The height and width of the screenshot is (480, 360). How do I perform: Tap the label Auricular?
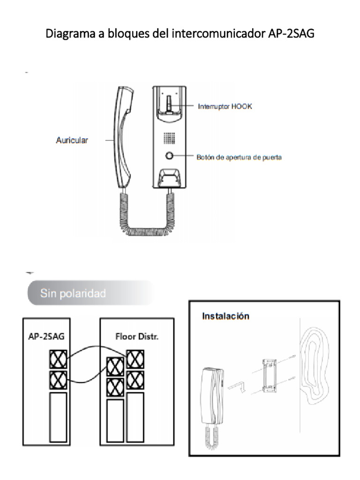click(x=72, y=140)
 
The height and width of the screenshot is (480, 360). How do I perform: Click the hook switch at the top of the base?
click(x=169, y=105)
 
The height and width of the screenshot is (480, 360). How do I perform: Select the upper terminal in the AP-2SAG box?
click(x=58, y=360)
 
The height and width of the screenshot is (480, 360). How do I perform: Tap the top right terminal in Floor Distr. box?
click(x=135, y=359)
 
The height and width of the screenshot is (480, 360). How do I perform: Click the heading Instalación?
click(x=225, y=316)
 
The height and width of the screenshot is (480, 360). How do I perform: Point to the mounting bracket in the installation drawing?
click(x=269, y=375)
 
